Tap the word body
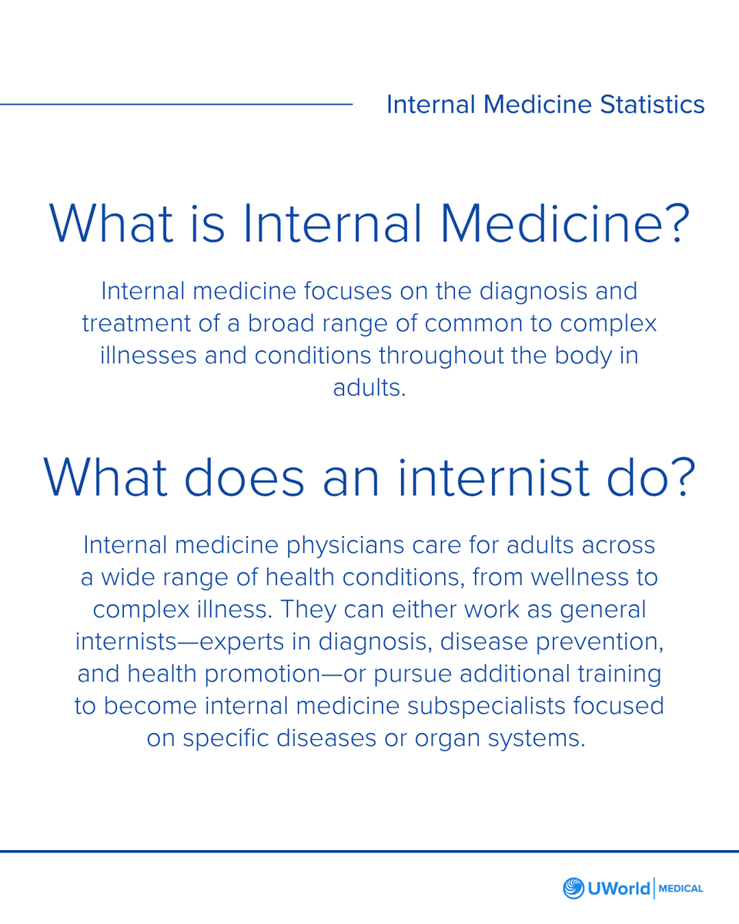(x=573, y=355)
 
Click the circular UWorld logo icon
(x=574, y=888)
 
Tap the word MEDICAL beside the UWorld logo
(x=680, y=889)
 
